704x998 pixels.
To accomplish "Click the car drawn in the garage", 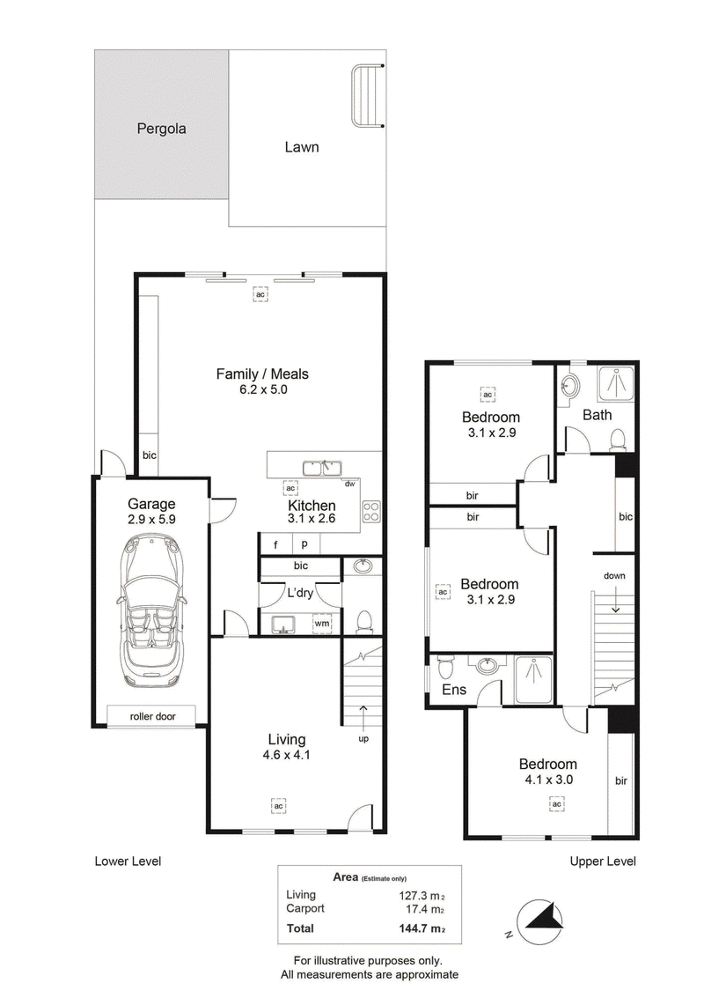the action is click(x=152, y=610).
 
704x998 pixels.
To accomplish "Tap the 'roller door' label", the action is click(x=152, y=716).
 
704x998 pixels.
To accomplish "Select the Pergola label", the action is click(x=162, y=129).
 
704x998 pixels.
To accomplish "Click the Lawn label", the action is click(x=302, y=147).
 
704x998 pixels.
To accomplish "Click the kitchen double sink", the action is click(x=322, y=469).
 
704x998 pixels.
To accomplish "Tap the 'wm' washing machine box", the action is click(x=322, y=623).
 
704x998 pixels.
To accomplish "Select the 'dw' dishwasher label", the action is click(x=349, y=484).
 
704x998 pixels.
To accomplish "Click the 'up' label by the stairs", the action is click(x=363, y=739).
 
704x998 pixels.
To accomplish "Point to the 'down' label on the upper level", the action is click(x=614, y=575).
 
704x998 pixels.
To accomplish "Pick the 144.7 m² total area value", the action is click(x=422, y=928).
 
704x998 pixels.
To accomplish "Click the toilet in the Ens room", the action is click(x=444, y=667).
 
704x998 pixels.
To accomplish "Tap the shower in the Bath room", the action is click(x=615, y=384).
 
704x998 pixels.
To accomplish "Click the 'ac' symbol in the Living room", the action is click(x=278, y=806).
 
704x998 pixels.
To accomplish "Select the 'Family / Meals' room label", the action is click(x=262, y=374).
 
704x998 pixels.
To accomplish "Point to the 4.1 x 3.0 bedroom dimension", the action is click(x=549, y=780).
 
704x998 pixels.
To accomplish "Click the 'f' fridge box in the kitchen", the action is click(x=276, y=544).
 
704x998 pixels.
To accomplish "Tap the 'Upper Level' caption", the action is click(x=603, y=861).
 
